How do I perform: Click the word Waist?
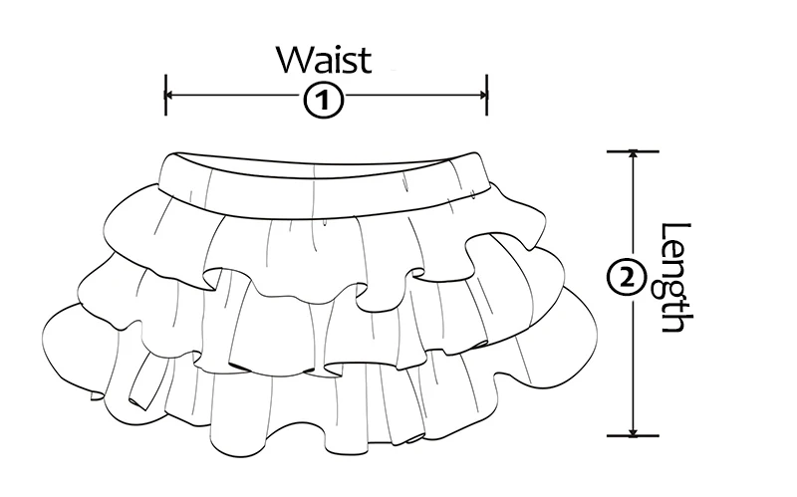(x=324, y=60)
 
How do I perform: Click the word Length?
(x=677, y=278)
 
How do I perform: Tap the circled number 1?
(x=324, y=102)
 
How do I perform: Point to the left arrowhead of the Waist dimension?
(x=169, y=95)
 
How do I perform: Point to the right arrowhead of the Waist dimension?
(x=483, y=95)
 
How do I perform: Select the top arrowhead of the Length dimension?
(x=633, y=155)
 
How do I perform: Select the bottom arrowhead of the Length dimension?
(x=633, y=432)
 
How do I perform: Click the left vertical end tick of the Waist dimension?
(x=165, y=95)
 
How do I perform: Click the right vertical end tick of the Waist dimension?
(x=487, y=95)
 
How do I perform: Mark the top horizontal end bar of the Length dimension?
(x=633, y=151)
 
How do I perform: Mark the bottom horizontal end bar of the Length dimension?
(x=633, y=435)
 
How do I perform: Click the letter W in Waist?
(x=295, y=60)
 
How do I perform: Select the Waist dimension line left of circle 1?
(x=235, y=95)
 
